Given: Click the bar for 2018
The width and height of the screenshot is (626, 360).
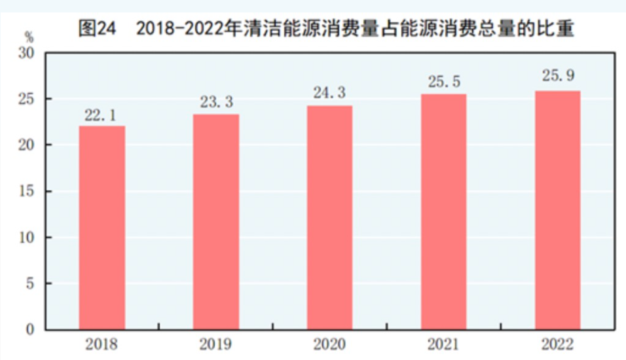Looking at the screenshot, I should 101,227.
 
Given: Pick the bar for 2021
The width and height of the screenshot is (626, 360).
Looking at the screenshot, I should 444,211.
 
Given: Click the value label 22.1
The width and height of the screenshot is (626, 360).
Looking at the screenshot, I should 101,116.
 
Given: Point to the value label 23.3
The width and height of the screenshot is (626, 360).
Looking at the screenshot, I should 217,103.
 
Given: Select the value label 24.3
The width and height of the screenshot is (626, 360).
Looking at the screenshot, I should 330,94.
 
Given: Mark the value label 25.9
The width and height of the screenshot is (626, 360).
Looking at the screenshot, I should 557,77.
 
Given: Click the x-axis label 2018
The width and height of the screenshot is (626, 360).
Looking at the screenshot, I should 101,344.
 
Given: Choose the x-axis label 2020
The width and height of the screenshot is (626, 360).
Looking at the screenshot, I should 330,344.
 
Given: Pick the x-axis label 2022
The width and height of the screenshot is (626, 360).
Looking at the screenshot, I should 557,344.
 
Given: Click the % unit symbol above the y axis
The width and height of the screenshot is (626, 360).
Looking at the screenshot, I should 29,35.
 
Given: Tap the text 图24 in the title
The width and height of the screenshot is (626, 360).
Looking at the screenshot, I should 96,28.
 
